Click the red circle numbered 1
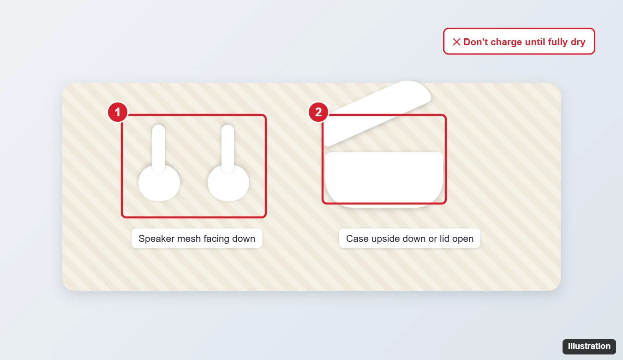pyautogui.click(x=118, y=112)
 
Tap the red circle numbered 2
pyautogui.click(x=318, y=112)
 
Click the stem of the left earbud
pyautogui.click(x=159, y=148)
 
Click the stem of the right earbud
pyautogui.click(x=228, y=148)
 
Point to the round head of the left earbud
pyautogui.click(x=159, y=183)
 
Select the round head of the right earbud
pyautogui.click(x=228, y=183)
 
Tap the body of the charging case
pyautogui.click(x=384, y=180)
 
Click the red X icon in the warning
pyautogui.click(x=456, y=42)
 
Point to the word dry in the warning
pyautogui.click(x=578, y=42)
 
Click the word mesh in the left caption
pyautogui.click(x=189, y=239)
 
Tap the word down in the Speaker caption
pyautogui.click(x=244, y=239)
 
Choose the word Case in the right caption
pyautogui.click(x=357, y=239)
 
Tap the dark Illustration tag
pyautogui.click(x=589, y=346)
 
